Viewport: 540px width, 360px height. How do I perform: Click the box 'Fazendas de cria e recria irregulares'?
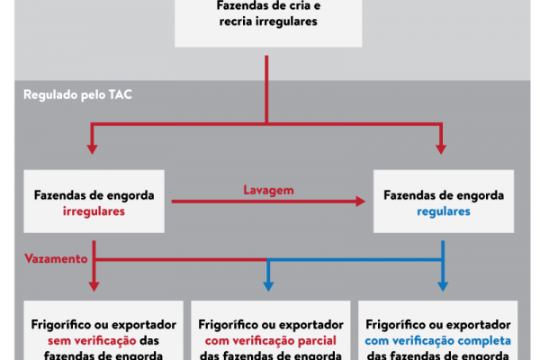tap(266, 23)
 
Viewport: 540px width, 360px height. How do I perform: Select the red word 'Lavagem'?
tap(268, 190)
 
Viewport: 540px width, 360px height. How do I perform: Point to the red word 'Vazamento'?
tap(55, 258)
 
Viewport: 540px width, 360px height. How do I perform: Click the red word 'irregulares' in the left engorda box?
tap(94, 211)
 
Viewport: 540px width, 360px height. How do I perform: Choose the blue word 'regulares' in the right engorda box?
tap(443, 211)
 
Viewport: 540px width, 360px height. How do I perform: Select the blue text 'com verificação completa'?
tap(439, 341)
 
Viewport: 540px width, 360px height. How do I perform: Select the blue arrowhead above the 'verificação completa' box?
tap(442, 285)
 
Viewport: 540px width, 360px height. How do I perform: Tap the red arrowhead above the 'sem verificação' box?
tap(94, 285)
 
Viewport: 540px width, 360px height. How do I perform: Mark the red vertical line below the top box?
tap(267, 85)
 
